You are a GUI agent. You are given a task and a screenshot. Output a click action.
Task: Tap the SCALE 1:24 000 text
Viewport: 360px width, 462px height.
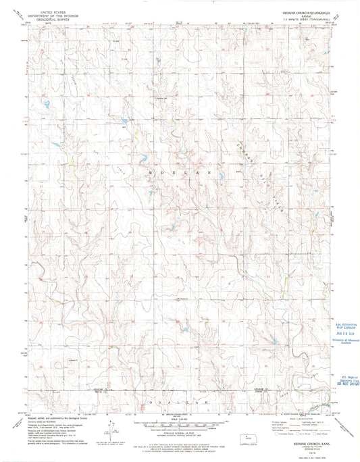pyautogui.click(x=178, y=418)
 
